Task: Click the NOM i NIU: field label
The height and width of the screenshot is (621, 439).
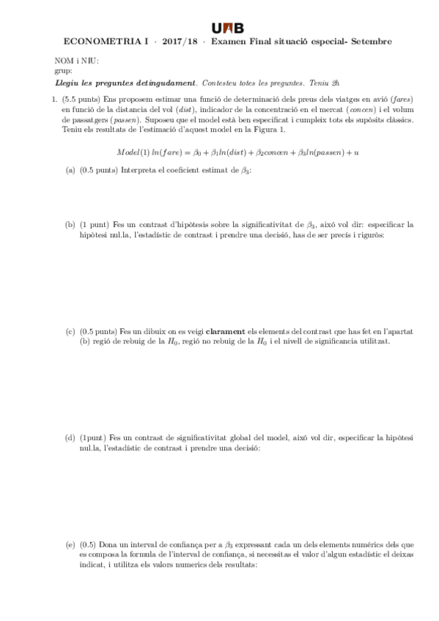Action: click(77, 62)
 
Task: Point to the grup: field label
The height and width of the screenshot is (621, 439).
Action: click(63, 71)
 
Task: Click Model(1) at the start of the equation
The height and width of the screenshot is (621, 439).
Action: click(133, 152)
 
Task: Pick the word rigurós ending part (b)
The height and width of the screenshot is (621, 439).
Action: click(370, 235)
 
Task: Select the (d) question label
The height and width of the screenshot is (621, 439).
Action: click(70, 437)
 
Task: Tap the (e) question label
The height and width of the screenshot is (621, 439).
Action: click(70, 544)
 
